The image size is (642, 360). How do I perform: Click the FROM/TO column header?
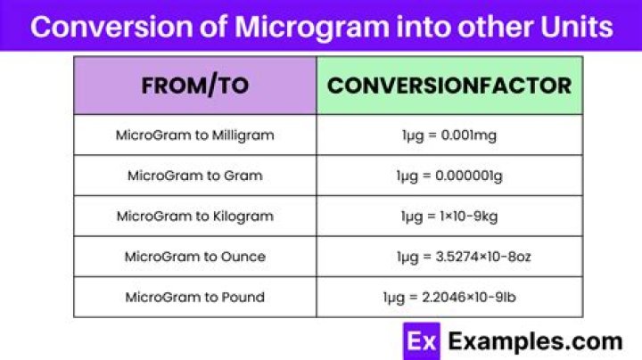click(x=195, y=86)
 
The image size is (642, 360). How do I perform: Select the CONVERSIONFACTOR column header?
click(x=449, y=86)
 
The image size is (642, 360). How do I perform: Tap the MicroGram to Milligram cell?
click(x=195, y=135)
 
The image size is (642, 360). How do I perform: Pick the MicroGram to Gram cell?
click(x=195, y=176)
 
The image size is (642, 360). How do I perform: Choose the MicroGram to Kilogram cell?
click(x=195, y=216)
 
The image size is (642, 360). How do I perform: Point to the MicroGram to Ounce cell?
click(x=195, y=257)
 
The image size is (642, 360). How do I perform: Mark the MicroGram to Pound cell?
click(x=195, y=297)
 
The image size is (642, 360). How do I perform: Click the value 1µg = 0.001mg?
click(x=449, y=135)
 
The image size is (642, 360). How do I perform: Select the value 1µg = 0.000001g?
click(x=449, y=176)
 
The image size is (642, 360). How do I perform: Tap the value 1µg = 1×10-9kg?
click(x=449, y=217)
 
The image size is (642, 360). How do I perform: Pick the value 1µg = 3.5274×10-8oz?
click(x=464, y=257)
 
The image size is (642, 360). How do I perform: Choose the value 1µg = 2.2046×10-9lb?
click(x=449, y=298)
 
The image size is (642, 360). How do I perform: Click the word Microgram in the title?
click(x=312, y=28)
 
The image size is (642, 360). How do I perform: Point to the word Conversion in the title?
click(x=111, y=27)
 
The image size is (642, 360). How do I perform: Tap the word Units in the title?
click(x=577, y=27)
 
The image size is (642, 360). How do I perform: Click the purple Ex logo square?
click(x=421, y=341)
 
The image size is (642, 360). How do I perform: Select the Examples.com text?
click(x=535, y=342)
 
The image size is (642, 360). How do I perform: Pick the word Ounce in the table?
click(x=243, y=257)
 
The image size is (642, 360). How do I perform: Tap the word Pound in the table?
click(x=243, y=297)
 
